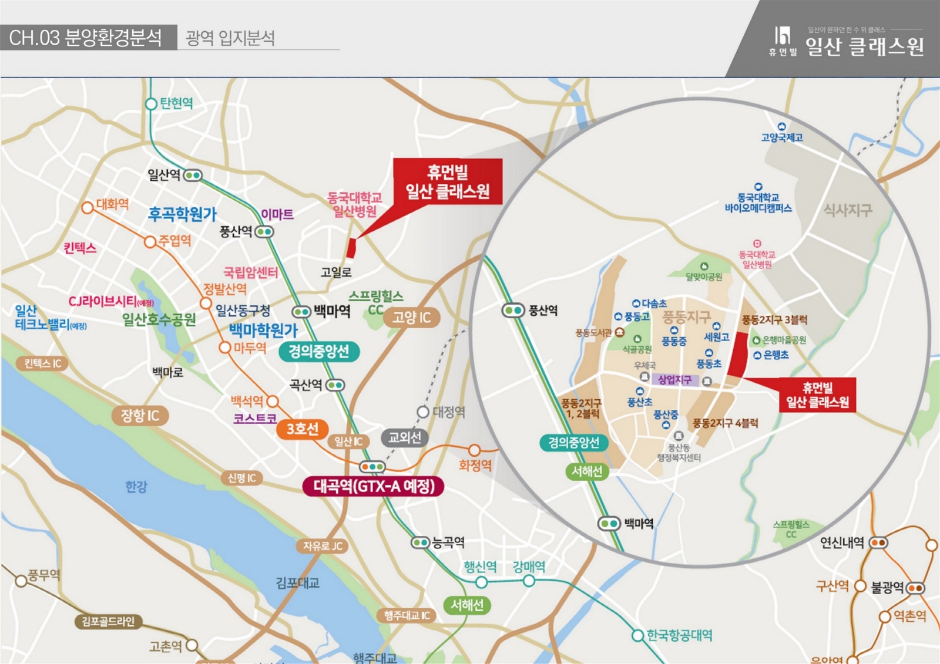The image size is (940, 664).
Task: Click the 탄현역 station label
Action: click(x=176, y=103)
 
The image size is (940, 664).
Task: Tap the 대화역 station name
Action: click(x=112, y=204)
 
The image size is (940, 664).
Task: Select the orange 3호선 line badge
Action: click(x=302, y=429)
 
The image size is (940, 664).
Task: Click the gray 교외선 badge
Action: click(x=404, y=437)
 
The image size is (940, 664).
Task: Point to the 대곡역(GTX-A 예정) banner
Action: click(x=374, y=486)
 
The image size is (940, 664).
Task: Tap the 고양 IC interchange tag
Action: click(x=411, y=318)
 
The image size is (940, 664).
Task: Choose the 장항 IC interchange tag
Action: click(x=140, y=416)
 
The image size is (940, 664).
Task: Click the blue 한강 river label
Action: click(x=136, y=487)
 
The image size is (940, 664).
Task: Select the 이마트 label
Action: click(x=277, y=214)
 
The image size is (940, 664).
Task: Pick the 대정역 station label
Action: click(x=449, y=412)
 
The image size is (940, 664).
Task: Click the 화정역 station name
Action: click(x=475, y=466)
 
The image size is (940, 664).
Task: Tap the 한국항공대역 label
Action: click(x=679, y=635)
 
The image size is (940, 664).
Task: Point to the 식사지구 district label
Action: click(x=848, y=210)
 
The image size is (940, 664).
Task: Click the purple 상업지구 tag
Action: click(x=674, y=380)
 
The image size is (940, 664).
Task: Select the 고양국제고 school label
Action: click(x=781, y=137)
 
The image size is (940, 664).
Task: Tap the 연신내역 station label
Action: click(x=842, y=542)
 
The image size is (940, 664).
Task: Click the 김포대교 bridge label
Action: click(x=297, y=583)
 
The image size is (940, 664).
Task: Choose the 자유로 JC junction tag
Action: click(x=323, y=546)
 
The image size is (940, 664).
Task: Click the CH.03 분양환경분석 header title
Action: click(x=86, y=38)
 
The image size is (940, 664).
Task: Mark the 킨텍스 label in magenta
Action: click(x=80, y=248)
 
